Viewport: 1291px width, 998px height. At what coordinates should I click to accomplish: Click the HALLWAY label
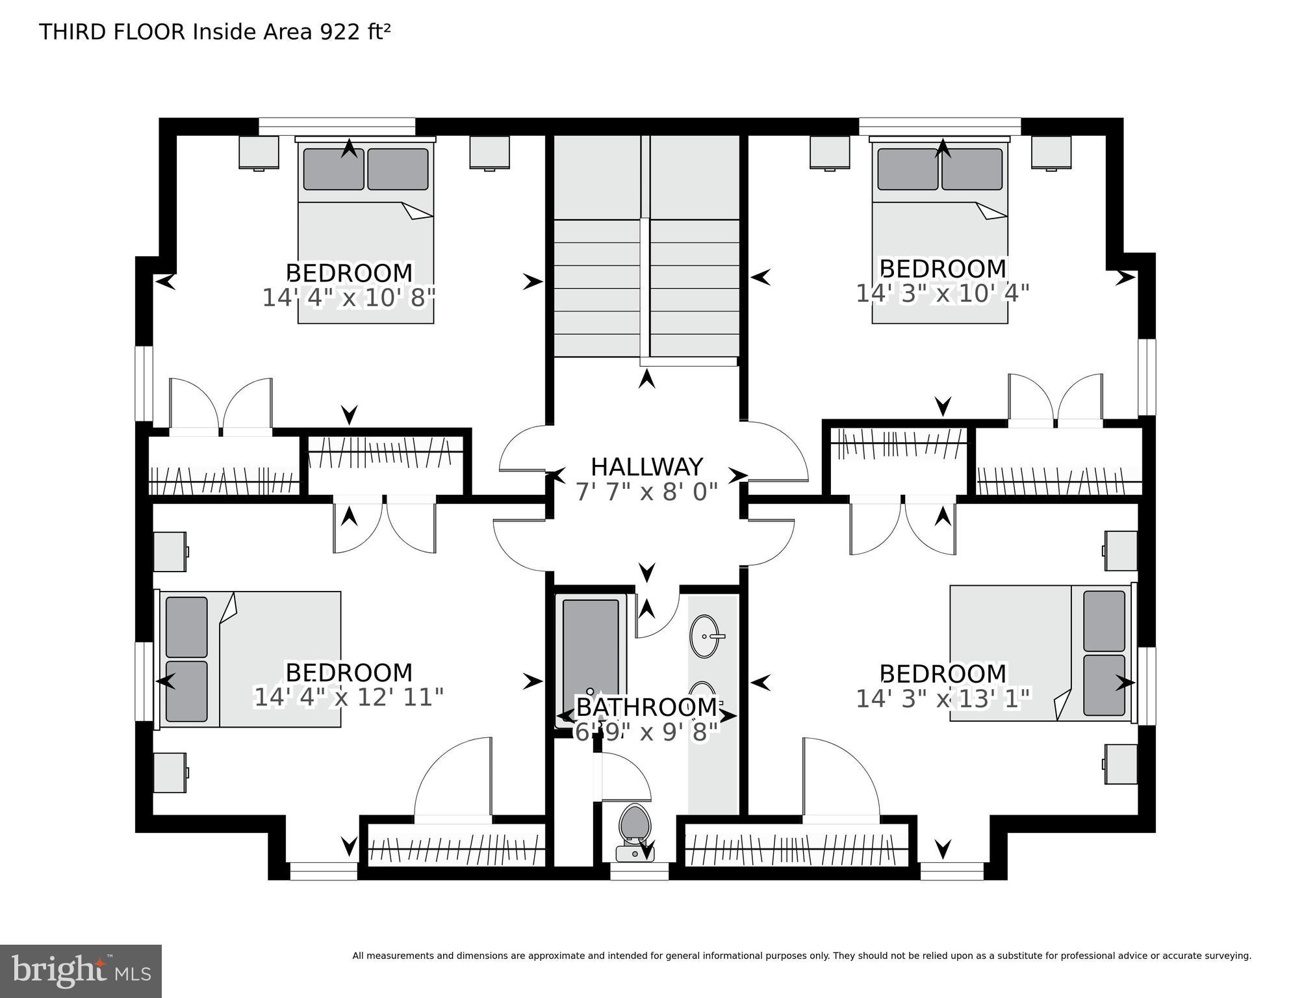pos(646,467)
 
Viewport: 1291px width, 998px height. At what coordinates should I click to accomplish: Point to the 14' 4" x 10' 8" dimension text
pos(348,298)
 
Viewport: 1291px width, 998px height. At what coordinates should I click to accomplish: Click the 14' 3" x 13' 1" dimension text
pos(943,699)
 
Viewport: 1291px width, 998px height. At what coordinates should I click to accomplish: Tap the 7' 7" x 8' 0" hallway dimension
pos(646,492)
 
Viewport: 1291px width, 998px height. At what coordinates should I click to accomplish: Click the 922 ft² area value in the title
pos(354,32)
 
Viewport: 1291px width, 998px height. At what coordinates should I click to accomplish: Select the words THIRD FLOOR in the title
pos(112,32)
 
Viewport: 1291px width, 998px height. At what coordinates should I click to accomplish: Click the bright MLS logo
pos(81,971)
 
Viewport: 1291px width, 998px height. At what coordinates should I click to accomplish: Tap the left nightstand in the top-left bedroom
pos(259,152)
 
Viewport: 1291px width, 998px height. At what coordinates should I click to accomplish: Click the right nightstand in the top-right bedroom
pos(1051,152)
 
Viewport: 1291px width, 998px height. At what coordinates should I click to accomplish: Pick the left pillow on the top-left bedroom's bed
pos(333,169)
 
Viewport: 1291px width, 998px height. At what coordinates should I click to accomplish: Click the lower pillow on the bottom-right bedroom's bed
pos(1104,685)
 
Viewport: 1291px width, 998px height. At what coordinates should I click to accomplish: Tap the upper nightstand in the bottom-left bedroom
pos(170,552)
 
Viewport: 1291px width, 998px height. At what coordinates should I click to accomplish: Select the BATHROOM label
pos(646,707)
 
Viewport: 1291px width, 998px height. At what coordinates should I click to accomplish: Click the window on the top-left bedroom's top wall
pos(337,126)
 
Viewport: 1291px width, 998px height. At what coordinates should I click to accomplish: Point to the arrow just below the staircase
pos(646,379)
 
